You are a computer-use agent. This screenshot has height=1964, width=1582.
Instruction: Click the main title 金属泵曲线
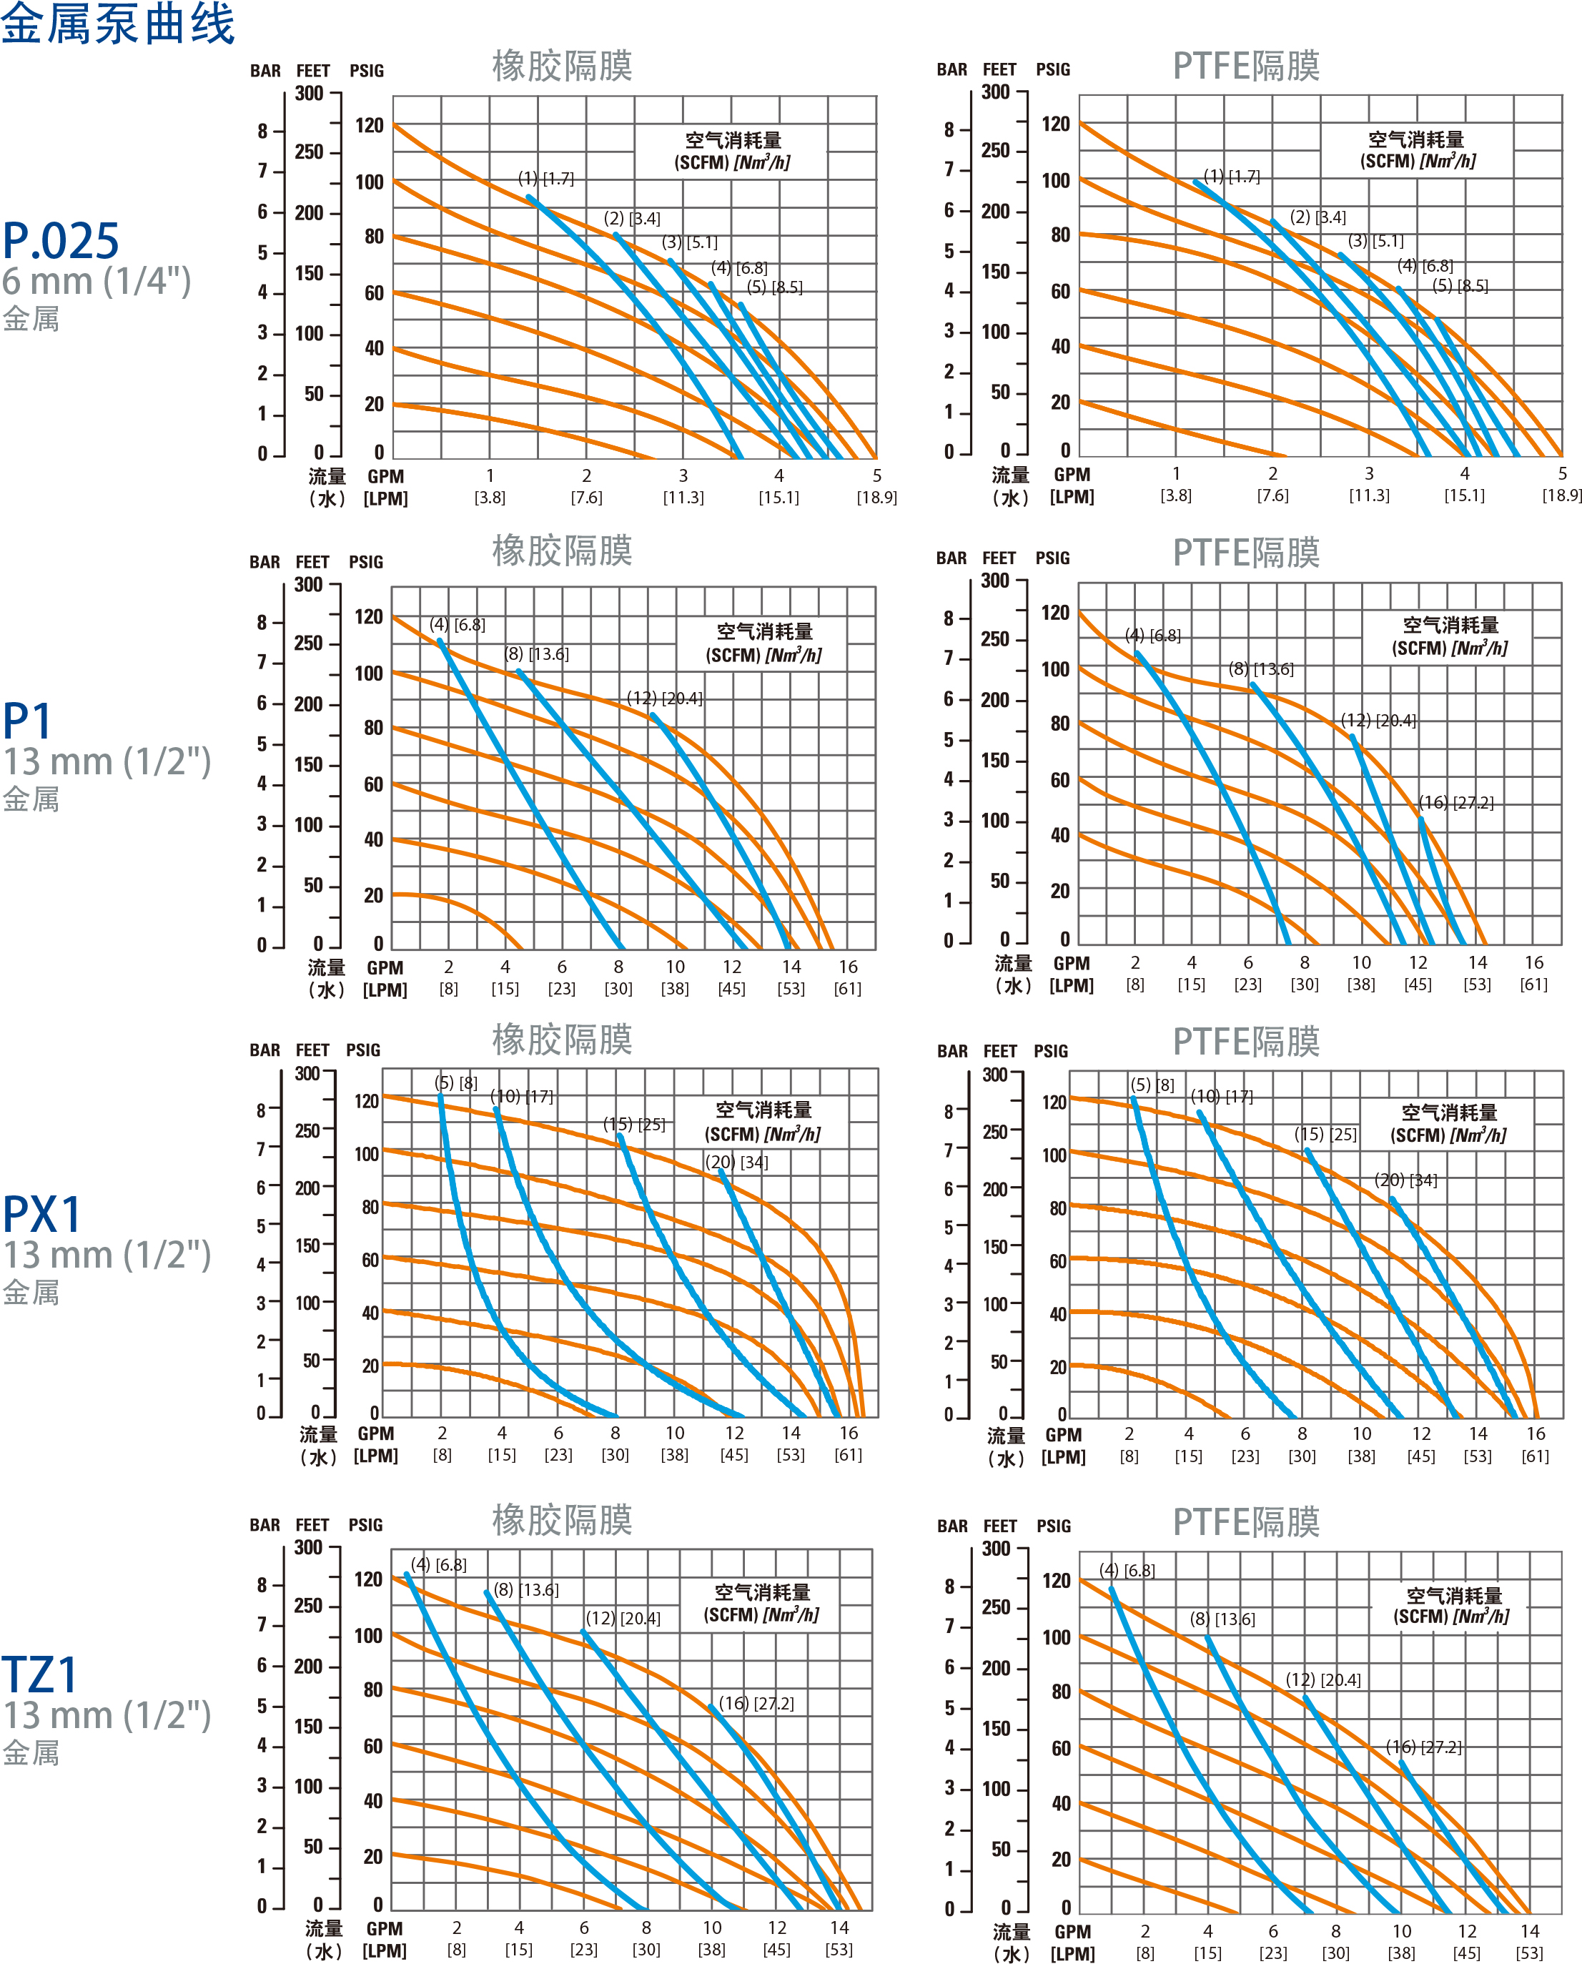pyautogui.click(x=119, y=24)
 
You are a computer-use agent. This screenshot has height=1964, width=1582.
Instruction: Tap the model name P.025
pyautogui.click(x=61, y=242)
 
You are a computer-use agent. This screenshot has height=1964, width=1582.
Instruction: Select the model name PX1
pyautogui.click(x=42, y=1214)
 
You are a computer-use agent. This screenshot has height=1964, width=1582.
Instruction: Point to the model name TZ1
pyautogui.click(x=40, y=1674)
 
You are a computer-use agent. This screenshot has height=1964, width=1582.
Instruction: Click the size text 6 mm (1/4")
pyautogui.click(x=97, y=282)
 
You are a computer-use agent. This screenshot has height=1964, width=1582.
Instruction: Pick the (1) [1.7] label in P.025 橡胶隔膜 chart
pyautogui.click(x=546, y=179)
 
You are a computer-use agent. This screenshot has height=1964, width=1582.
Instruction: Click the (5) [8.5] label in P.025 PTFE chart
pyautogui.click(x=1460, y=286)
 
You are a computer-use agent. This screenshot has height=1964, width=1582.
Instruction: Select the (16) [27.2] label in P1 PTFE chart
pyautogui.click(x=1456, y=802)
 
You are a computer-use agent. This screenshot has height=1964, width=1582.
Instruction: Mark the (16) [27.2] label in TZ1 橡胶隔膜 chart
pyautogui.click(x=756, y=1703)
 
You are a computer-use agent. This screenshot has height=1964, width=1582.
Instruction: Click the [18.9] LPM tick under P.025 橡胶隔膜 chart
pyautogui.click(x=876, y=498)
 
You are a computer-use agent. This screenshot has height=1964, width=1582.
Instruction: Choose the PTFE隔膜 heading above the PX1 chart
pyautogui.click(x=1246, y=1041)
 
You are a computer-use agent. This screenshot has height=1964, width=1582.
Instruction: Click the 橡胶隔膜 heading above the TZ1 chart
pyautogui.click(x=563, y=1520)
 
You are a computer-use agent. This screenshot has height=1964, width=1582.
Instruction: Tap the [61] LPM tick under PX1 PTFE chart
pyautogui.click(x=1536, y=1456)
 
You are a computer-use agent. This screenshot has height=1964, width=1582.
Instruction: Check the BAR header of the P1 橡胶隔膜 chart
pyautogui.click(x=265, y=562)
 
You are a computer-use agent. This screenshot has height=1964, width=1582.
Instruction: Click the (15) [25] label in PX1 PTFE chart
pyautogui.click(x=1326, y=1135)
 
